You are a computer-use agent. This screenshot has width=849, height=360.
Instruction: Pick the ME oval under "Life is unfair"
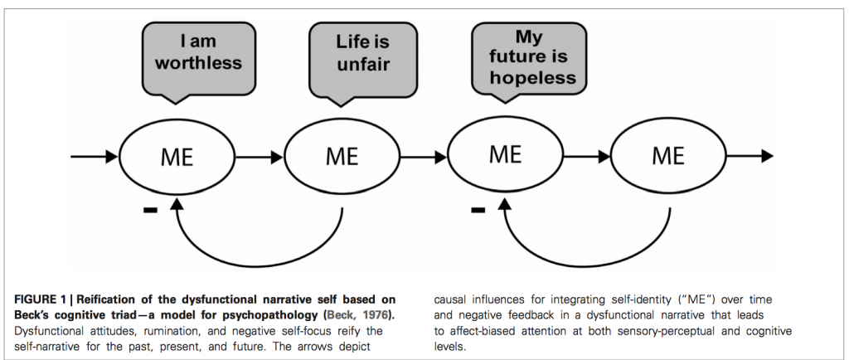pos(342,156)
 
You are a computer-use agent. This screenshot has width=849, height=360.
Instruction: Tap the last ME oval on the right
pos(667,156)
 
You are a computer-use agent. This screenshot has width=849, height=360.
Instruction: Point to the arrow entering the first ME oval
pos(95,156)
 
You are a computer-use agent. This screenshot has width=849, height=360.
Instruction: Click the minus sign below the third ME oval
pos(477,211)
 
